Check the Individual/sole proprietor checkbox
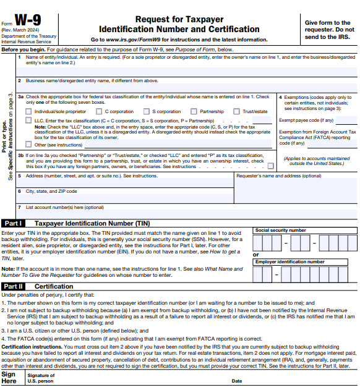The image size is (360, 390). [x=29, y=112]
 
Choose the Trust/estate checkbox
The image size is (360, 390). [x=236, y=112]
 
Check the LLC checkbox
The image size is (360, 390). [x=29, y=121]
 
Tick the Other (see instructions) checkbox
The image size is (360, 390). [x=29, y=145]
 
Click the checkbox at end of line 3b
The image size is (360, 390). [x=270, y=166]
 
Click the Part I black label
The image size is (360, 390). [x=13, y=223]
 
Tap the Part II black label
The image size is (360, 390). [x=13, y=286]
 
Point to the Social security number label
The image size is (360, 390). [x=280, y=230]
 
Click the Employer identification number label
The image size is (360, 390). [x=289, y=262]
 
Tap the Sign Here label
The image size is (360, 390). [x=9, y=377]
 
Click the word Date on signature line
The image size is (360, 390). [x=237, y=381]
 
